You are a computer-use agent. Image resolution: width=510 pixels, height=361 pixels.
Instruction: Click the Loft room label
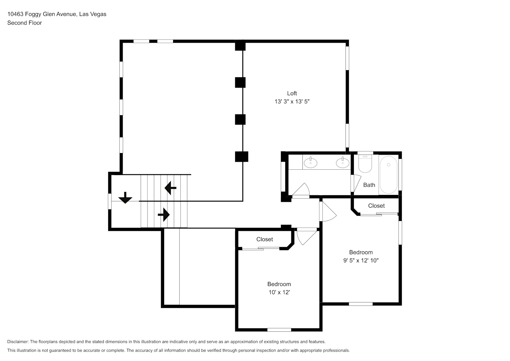pyautogui.click(x=292, y=93)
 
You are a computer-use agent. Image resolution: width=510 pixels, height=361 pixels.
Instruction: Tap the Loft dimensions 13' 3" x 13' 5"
pyautogui.click(x=292, y=101)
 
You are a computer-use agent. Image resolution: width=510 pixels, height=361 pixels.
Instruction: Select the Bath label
pyautogui.click(x=369, y=185)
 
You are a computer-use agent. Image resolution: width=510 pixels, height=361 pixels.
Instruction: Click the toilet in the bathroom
pyautogui.click(x=365, y=164)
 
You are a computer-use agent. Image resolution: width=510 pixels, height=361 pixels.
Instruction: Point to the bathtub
pyautogui.click(x=388, y=175)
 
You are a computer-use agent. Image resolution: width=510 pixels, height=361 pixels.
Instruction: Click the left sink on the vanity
pyautogui.click(x=311, y=162)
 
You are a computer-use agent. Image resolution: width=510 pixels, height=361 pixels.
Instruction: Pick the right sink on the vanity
pyautogui.click(x=342, y=162)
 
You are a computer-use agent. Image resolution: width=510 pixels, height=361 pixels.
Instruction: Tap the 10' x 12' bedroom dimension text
pyautogui.click(x=279, y=292)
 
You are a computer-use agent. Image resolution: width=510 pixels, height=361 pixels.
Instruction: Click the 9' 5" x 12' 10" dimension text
pyautogui.click(x=361, y=260)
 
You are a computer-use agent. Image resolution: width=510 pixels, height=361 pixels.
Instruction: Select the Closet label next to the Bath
pyautogui.click(x=376, y=205)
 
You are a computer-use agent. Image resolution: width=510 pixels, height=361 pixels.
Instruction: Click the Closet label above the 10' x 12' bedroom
pyautogui.click(x=265, y=239)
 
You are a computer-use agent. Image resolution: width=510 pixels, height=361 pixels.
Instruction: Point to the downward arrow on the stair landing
pyautogui.click(x=125, y=198)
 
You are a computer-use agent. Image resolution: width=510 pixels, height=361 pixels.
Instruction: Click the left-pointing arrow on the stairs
pyautogui.click(x=170, y=188)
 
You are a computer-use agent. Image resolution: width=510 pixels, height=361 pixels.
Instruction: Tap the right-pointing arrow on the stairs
pyautogui.click(x=164, y=215)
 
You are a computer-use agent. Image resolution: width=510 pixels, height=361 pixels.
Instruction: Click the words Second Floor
pyautogui.click(x=25, y=23)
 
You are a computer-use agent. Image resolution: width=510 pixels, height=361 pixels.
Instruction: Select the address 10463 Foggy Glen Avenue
pyautogui.click(x=42, y=14)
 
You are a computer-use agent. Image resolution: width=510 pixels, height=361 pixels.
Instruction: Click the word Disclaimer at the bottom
pyautogui.click(x=18, y=342)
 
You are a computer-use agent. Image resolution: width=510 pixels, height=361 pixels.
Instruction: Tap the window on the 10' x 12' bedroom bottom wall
pyautogui.click(x=279, y=330)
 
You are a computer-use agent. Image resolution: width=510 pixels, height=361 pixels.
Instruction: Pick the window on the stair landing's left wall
pyautogui.click(x=110, y=201)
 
